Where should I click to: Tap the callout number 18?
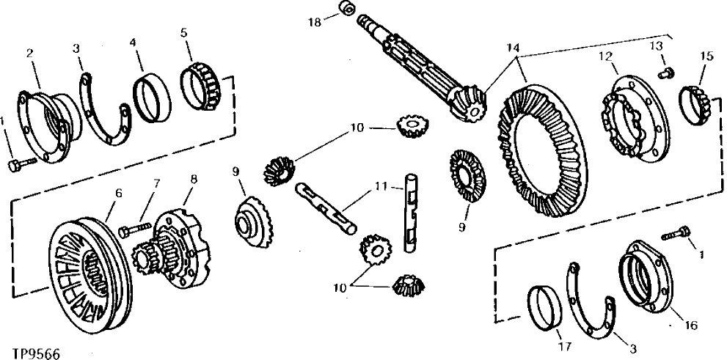(314, 23)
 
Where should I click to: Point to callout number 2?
(30, 53)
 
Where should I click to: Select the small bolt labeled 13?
(667, 73)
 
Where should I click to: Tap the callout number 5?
(184, 32)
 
